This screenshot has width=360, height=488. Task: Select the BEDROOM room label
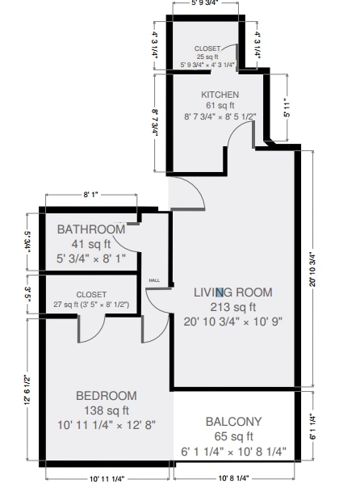click(x=107, y=396)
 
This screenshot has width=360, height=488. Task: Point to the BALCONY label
click(x=233, y=421)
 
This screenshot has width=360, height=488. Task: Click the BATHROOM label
click(x=91, y=229)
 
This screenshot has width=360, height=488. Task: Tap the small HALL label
click(x=153, y=280)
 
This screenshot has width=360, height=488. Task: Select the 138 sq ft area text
click(x=107, y=410)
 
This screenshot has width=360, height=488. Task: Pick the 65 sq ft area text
click(x=234, y=437)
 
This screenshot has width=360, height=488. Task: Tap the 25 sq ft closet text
click(x=206, y=57)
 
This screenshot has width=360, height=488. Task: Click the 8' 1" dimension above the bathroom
click(x=91, y=195)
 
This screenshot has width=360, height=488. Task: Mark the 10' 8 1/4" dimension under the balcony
click(x=232, y=479)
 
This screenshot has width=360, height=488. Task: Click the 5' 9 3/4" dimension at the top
click(x=207, y=4)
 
